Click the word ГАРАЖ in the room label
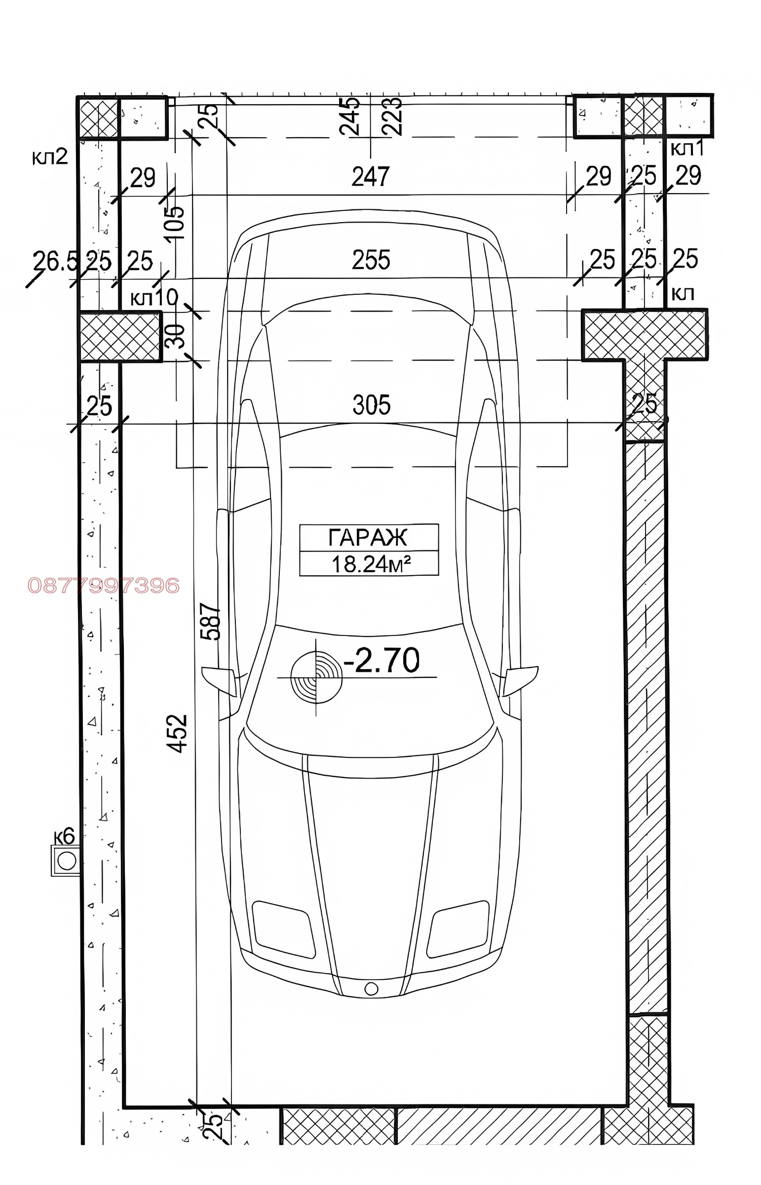click(x=368, y=537)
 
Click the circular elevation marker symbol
click(x=316, y=677)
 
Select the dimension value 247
click(x=371, y=176)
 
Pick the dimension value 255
click(x=371, y=260)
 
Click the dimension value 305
click(x=372, y=405)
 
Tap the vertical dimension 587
click(x=210, y=622)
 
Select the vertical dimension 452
click(x=177, y=733)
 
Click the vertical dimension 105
click(x=175, y=223)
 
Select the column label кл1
click(x=687, y=148)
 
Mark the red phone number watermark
click(x=104, y=586)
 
